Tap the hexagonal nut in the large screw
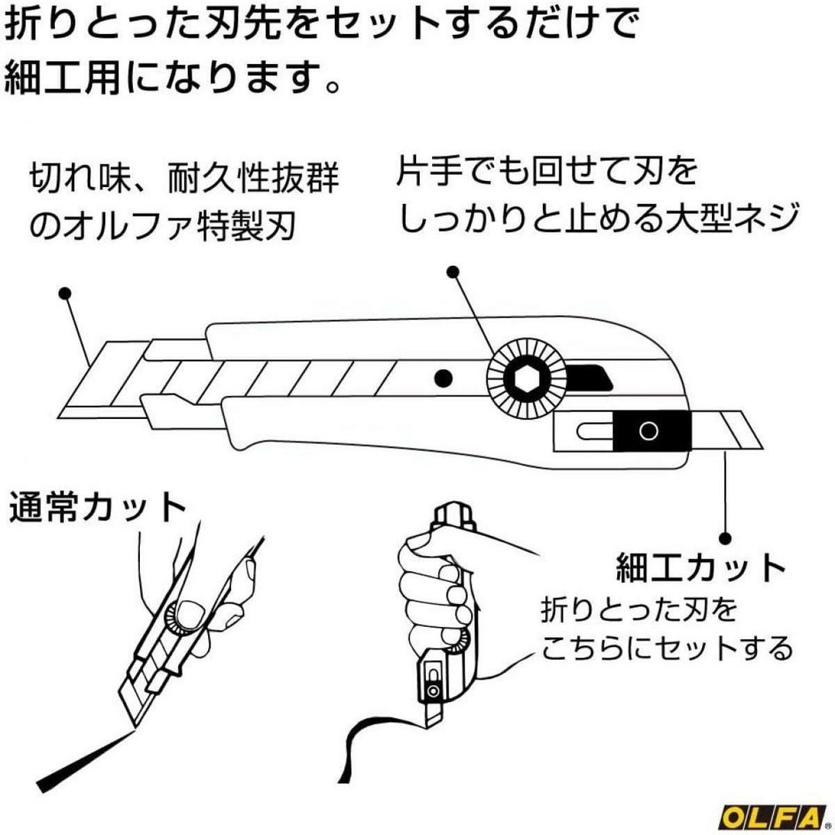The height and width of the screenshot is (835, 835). pos(519,377)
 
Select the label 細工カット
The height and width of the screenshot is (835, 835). pos(700,570)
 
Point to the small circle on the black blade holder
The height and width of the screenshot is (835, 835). pos(648,431)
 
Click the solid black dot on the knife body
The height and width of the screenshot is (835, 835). pos(442,377)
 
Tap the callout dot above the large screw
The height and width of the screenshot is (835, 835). pos(454,272)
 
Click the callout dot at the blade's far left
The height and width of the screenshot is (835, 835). pos(66,294)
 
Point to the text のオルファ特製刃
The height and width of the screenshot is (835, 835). pos(162,227)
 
